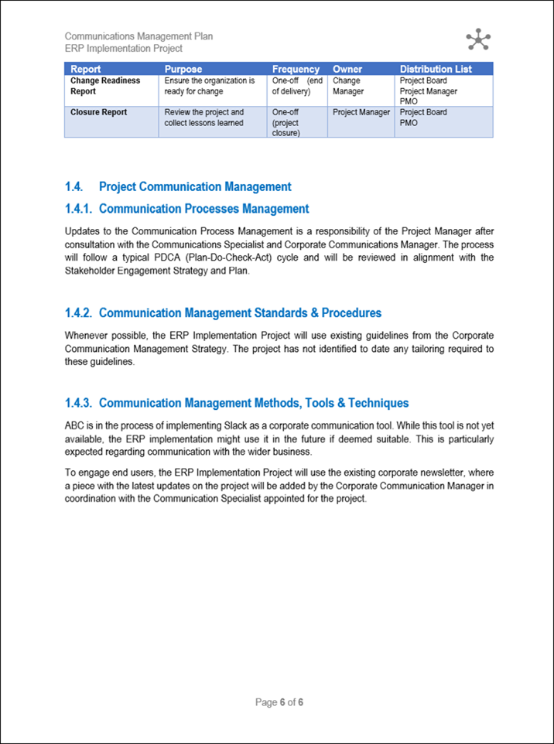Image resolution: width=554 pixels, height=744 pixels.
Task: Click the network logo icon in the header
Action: coord(478,39)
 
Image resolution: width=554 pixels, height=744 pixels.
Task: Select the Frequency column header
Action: coord(296,69)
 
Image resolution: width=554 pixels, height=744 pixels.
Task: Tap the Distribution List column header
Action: coord(436,69)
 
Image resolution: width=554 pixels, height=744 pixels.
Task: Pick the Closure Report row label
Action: coord(98,112)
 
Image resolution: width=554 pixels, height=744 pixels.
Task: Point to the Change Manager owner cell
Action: coord(347,86)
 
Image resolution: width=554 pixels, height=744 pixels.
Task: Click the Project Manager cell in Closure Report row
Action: coord(361,112)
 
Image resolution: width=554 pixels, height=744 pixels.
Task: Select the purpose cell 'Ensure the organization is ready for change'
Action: coord(210,86)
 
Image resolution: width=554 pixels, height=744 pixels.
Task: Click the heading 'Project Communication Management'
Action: coord(195,186)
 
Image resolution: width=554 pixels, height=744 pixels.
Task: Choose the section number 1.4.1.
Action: coord(79,209)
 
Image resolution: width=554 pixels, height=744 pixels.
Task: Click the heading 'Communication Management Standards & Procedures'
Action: coord(240,313)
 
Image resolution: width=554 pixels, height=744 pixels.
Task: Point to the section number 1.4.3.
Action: coord(79,403)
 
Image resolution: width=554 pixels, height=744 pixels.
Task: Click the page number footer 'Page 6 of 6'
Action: coord(279,702)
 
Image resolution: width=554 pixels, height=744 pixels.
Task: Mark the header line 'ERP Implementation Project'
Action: coord(123,48)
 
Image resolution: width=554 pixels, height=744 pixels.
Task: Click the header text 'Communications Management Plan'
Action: coord(138,36)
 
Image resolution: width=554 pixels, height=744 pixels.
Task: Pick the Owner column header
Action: coord(347,69)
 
